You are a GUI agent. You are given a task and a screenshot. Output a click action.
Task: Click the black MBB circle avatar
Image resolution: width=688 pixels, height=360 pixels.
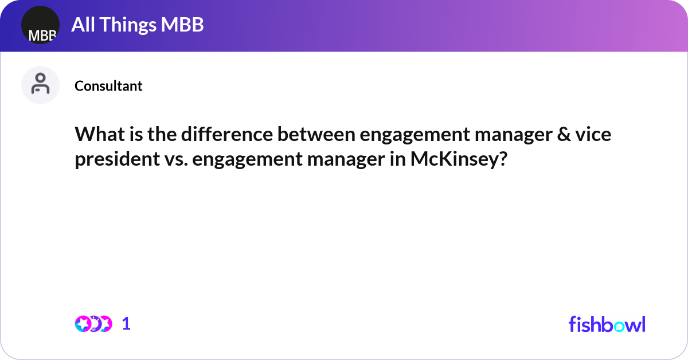tap(40, 25)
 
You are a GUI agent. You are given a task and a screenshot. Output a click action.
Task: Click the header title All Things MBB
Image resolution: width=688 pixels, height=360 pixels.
tap(138, 25)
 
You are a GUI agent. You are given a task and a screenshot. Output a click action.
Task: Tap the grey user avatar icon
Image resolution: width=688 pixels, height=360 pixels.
tap(40, 85)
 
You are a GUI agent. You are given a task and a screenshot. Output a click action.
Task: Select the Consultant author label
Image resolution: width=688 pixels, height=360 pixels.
tap(108, 86)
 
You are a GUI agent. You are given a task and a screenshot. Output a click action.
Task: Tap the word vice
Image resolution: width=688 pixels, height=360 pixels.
tap(592, 135)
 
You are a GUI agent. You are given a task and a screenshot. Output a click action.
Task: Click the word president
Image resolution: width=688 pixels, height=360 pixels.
tap(116, 159)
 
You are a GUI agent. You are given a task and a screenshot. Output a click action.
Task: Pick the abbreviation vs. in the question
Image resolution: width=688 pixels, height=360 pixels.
tap(175, 159)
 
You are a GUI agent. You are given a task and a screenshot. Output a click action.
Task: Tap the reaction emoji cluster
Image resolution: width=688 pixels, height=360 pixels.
tap(93, 324)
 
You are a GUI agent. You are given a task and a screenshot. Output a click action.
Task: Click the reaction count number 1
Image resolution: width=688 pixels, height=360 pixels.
tap(127, 324)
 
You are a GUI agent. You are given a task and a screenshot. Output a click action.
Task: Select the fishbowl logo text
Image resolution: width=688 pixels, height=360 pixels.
tap(607, 324)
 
